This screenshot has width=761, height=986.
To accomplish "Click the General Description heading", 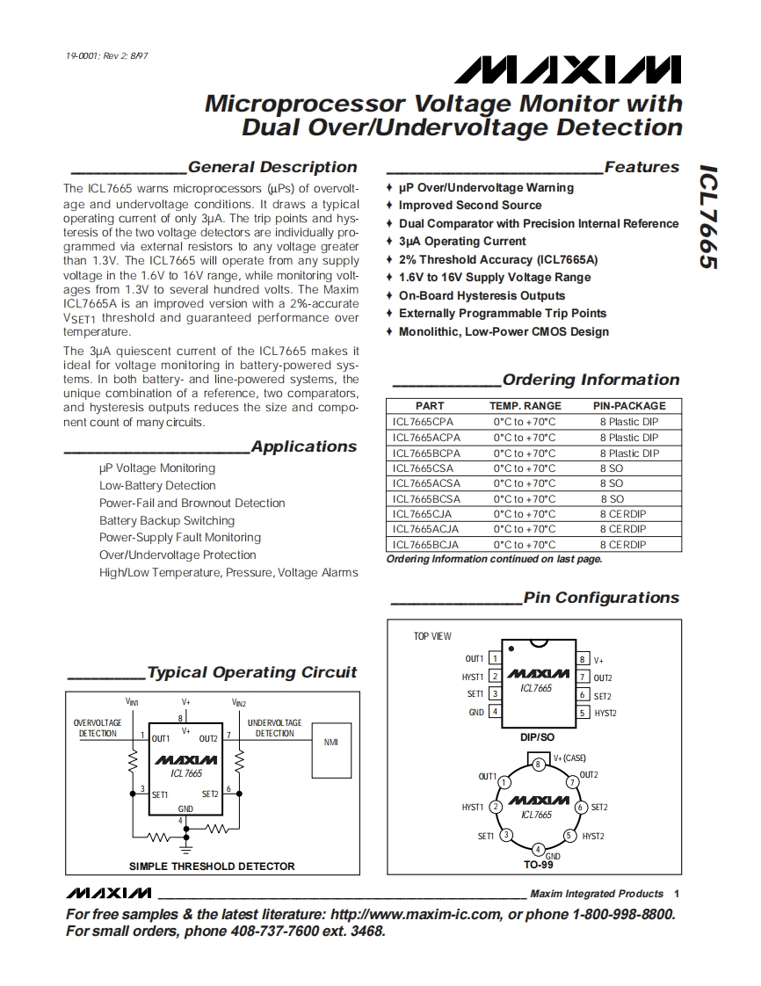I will tap(272, 167).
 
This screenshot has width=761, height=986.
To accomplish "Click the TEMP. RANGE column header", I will tap(525, 406).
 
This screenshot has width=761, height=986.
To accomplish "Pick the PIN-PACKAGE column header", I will tap(629, 406).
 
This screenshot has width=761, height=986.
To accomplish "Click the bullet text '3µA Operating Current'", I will tap(462, 241).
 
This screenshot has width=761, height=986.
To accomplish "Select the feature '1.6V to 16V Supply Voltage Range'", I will tap(495, 277).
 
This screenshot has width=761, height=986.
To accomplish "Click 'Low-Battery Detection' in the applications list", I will tap(157, 485).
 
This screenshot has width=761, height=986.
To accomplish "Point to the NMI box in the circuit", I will tap(330, 743).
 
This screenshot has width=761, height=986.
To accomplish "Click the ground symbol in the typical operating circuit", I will tap(185, 848).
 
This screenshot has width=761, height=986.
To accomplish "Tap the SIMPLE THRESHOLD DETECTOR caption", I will tap(212, 866).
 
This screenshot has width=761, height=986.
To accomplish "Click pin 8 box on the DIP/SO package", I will tap(582, 659).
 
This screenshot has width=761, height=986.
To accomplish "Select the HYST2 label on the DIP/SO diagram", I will tap(605, 713).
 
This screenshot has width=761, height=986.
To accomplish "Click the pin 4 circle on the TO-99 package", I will tap(538, 849).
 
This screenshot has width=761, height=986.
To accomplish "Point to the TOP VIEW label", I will tap(432, 636).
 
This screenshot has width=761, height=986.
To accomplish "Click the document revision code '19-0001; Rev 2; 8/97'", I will tap(106, 56).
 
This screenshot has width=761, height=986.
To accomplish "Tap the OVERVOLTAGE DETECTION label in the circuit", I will tap(98, 728).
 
